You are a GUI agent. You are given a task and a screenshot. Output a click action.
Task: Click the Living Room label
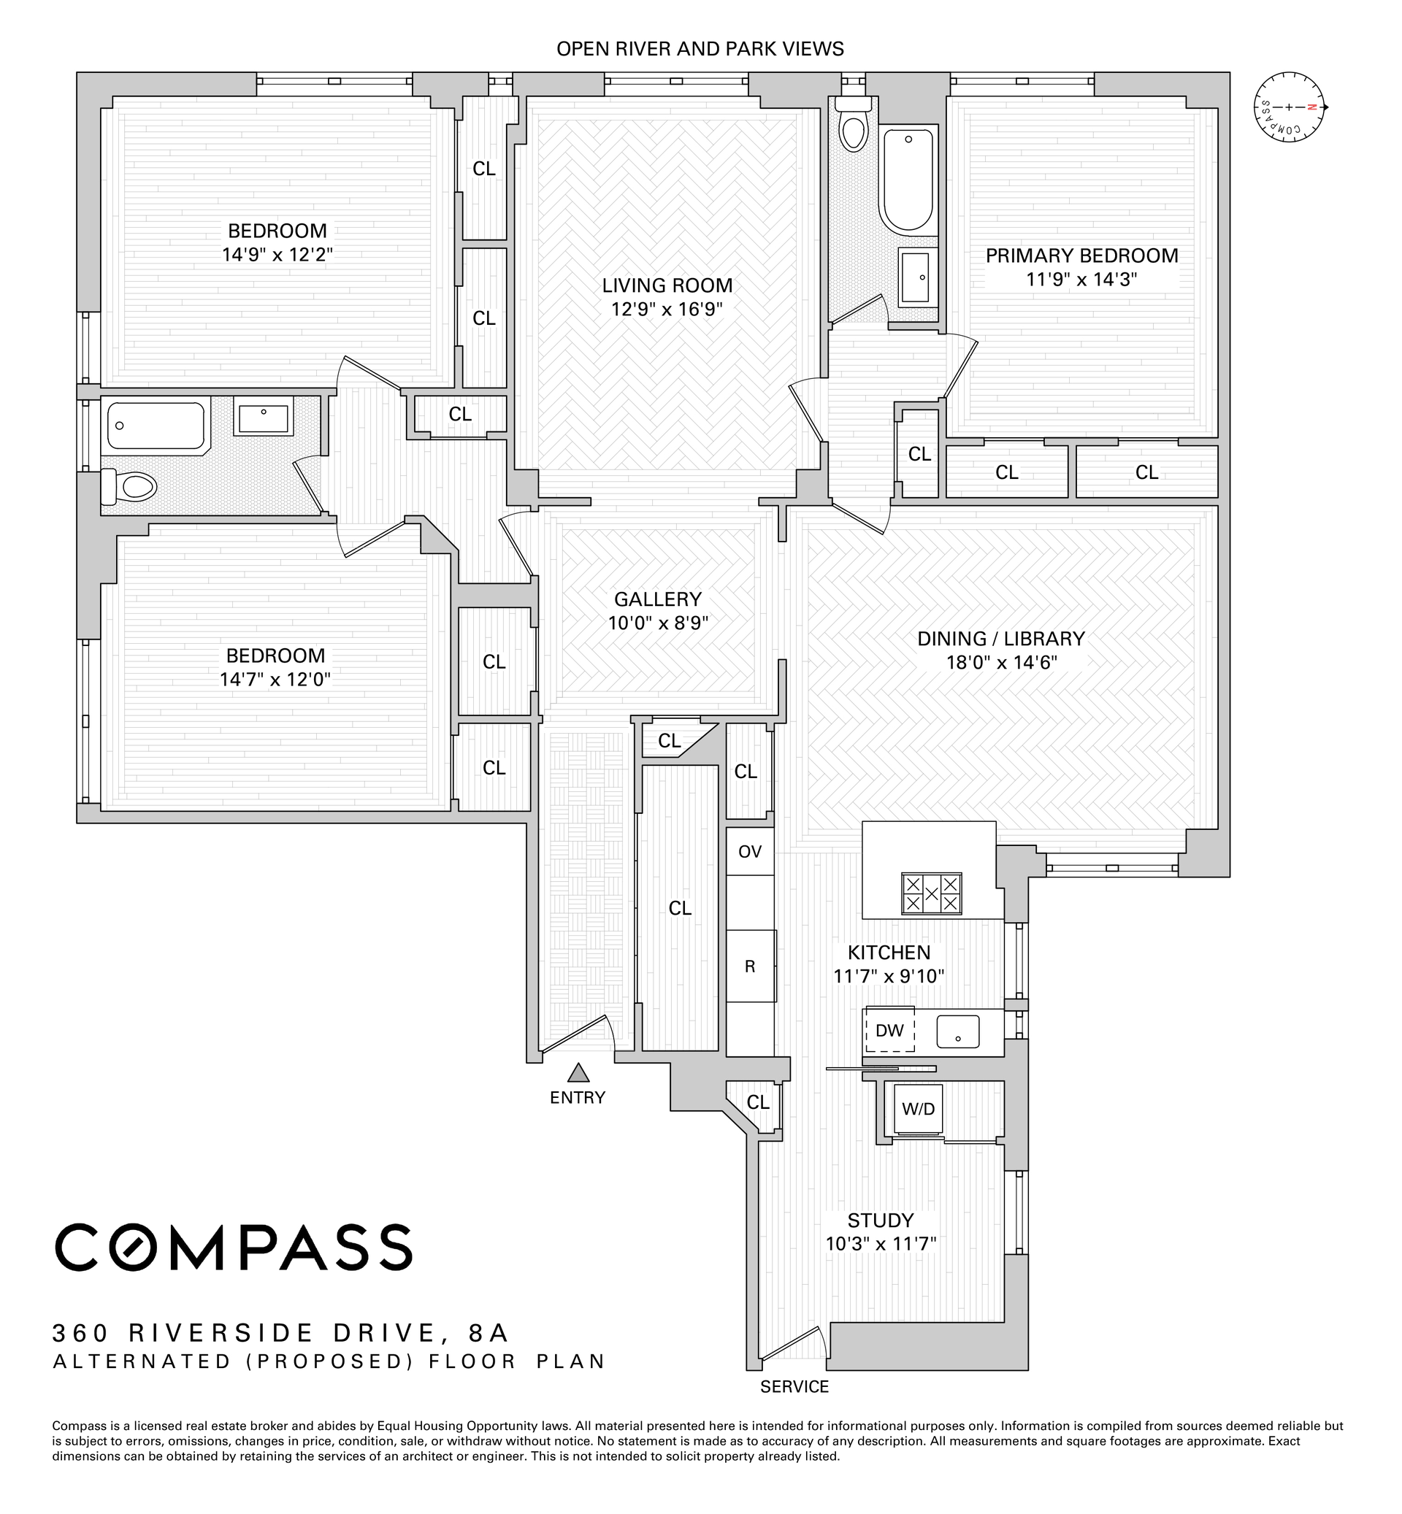(667, 286)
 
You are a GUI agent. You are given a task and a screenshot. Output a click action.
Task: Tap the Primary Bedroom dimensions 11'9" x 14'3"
(1081, 280)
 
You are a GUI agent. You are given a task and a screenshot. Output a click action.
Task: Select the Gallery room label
(658, 599)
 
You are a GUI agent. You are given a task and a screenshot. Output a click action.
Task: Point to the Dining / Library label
(1000, 639)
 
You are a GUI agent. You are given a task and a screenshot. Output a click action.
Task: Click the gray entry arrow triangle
(579, 1072)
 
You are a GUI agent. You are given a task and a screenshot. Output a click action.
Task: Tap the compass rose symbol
(1289, 107)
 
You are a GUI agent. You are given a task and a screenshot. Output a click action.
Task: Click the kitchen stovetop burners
(931, 893)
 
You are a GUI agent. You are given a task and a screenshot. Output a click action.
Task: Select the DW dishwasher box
(889, 1030)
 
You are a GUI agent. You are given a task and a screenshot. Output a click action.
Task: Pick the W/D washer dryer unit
(918, 1109)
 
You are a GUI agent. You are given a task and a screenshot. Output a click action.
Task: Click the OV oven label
(749, 852)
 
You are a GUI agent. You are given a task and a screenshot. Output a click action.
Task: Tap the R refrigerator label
(749, 967)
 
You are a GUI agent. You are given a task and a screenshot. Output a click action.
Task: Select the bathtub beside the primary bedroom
(908, 180)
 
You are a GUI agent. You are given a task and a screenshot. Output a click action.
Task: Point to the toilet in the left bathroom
(129, 486)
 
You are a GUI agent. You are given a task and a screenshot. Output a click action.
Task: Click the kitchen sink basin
(957, 1031)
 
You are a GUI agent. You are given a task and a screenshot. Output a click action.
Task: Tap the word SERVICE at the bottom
(794, 1386)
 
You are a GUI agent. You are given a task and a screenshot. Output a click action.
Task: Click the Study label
(881, 1221)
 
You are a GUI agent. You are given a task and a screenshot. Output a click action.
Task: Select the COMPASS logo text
(234, 1247)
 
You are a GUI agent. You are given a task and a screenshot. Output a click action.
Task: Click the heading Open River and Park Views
(700, 49)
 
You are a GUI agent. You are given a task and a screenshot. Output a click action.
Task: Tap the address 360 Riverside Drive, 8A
(280, 1333)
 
